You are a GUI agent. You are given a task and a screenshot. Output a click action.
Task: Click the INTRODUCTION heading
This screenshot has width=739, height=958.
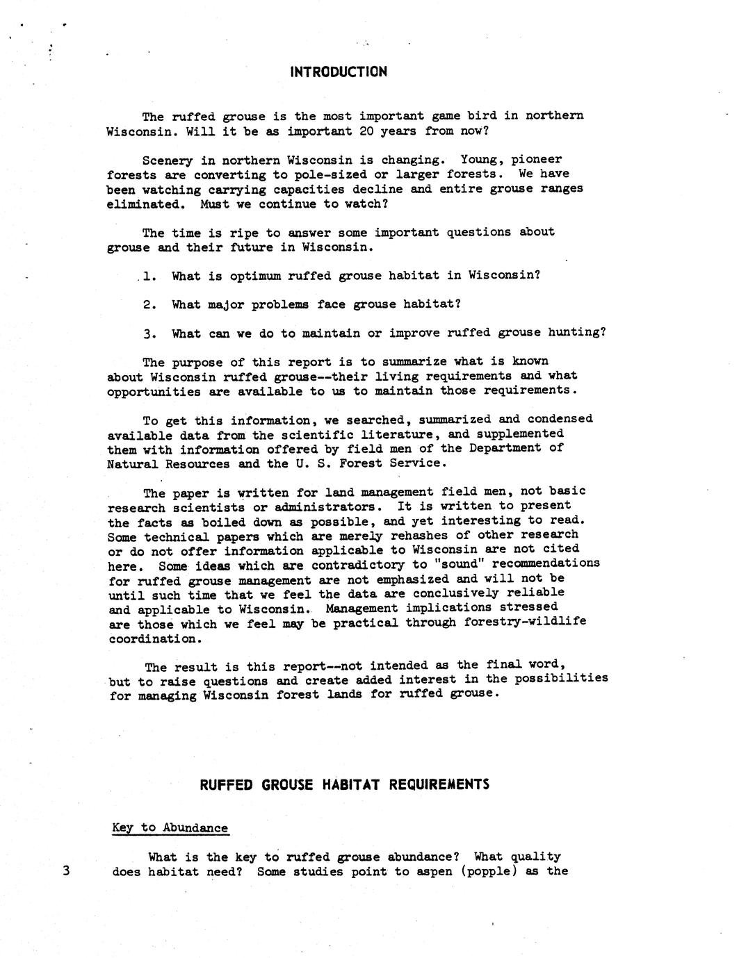(x=338, y=72)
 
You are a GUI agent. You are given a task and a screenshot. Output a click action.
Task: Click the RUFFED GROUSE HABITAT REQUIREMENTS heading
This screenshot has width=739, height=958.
(x=344, y=784)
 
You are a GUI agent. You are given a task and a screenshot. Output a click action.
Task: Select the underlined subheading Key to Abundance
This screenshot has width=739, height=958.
(x=170, y=828)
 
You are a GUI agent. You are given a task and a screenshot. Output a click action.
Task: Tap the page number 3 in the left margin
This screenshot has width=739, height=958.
(x=66, y=871)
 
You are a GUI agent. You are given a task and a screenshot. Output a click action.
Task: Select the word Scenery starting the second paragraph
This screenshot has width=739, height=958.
(x=167, y=160)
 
